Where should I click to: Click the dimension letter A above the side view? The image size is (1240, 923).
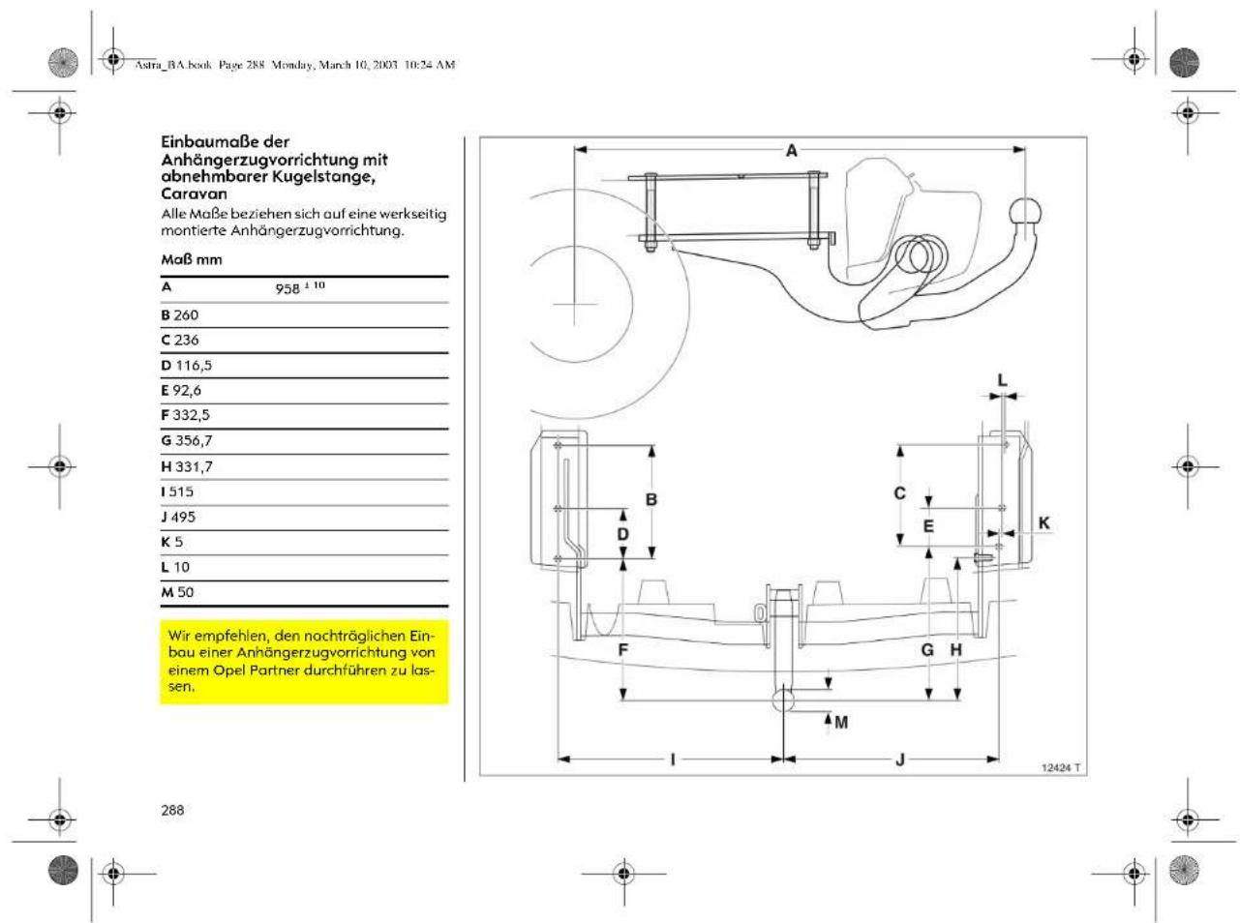click(x=791, y=150)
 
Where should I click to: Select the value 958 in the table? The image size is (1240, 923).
click(x=287, y=289)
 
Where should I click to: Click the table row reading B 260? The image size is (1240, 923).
click(x=179, y=315)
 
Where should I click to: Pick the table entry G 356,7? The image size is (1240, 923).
click(x=187, y=441)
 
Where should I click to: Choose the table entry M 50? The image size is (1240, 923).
click(x=177, y=592)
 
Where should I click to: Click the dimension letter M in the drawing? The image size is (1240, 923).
click(x=841, y=723)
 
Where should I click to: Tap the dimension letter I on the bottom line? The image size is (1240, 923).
click(x=673, y=759)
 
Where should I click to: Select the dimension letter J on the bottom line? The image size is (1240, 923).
click(x=899, y=759)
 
